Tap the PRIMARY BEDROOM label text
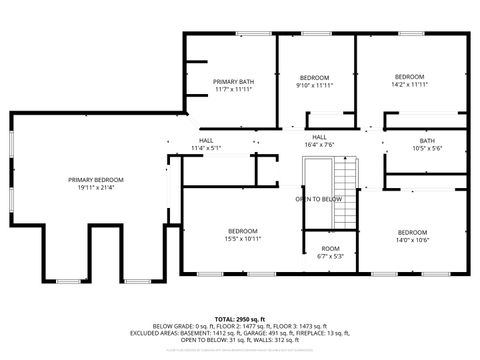coord(103,179)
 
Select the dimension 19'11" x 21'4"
coord(103,187)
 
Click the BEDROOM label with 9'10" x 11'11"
coord(315,77)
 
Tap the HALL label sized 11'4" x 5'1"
coord(206,140)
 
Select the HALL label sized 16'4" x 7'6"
coord(319,137)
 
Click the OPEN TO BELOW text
coord(318,199)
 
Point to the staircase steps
coord(346,185)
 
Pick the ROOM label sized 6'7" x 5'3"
coord(329,248)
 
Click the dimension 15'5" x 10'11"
coord(243,239)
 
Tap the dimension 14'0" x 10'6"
coord(411,239)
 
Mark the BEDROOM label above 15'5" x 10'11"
coord(243,231)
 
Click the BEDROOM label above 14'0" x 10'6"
coord(411,231)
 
